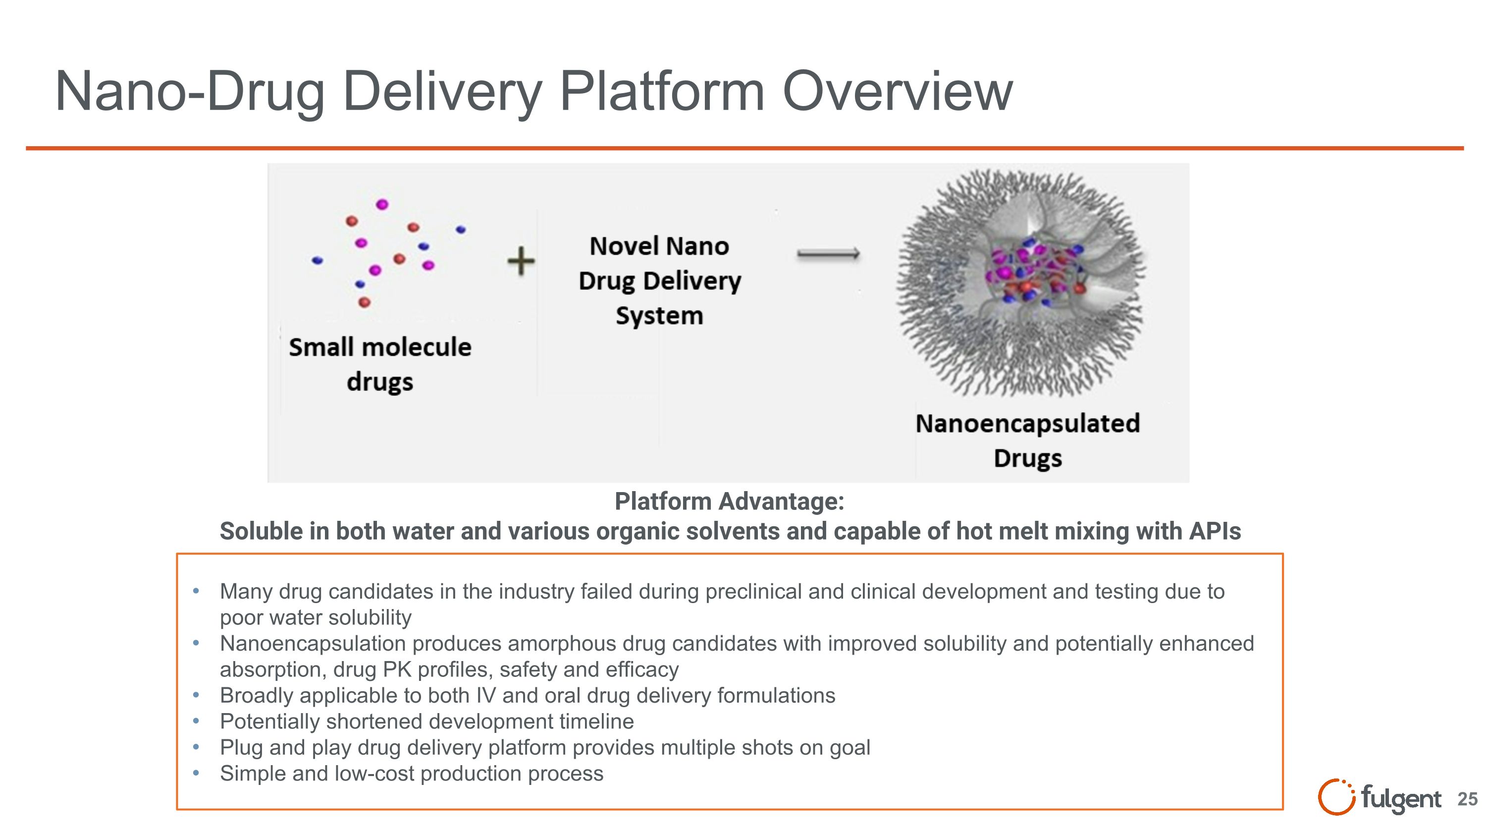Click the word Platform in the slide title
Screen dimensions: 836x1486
tap(662, 91)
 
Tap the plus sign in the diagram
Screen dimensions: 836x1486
tap(521, 261)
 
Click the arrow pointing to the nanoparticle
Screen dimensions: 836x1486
tap(828, 254)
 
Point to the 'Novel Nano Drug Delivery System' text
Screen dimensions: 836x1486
tap(659, 280)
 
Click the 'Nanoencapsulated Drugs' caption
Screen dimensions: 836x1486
tap(1027, 440)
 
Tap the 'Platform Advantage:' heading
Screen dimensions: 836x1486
tap(729, 501)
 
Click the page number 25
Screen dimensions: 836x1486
tap(1467, 799)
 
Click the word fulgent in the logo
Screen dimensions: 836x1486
tap(1401, 798)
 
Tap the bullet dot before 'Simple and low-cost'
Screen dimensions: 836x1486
tap(196, 773)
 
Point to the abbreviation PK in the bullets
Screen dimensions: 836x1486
tap(397, 669)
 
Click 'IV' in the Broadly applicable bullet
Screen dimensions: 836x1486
tap(486, 695)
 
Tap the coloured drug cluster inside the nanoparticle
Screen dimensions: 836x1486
tap(1033, 271)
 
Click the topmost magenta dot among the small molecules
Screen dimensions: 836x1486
tap(382, 204)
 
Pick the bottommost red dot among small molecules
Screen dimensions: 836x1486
tap(364, 302)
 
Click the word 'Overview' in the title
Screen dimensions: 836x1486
tap(897, 91)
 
